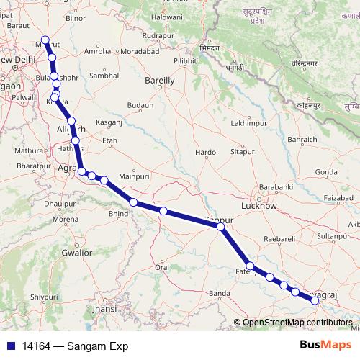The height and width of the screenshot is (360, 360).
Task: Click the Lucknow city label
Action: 261,206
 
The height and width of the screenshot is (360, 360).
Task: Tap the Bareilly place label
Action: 160,81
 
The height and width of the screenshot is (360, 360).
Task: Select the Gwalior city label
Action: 76,253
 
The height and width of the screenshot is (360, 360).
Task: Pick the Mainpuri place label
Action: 134,175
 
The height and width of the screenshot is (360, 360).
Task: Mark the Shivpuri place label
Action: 44,296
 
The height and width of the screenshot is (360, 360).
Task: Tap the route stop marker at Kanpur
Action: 221,227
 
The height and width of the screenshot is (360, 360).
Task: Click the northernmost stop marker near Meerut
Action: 45,40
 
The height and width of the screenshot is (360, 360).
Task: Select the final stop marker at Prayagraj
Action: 315,301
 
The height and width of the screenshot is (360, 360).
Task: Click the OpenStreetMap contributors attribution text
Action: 297,323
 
